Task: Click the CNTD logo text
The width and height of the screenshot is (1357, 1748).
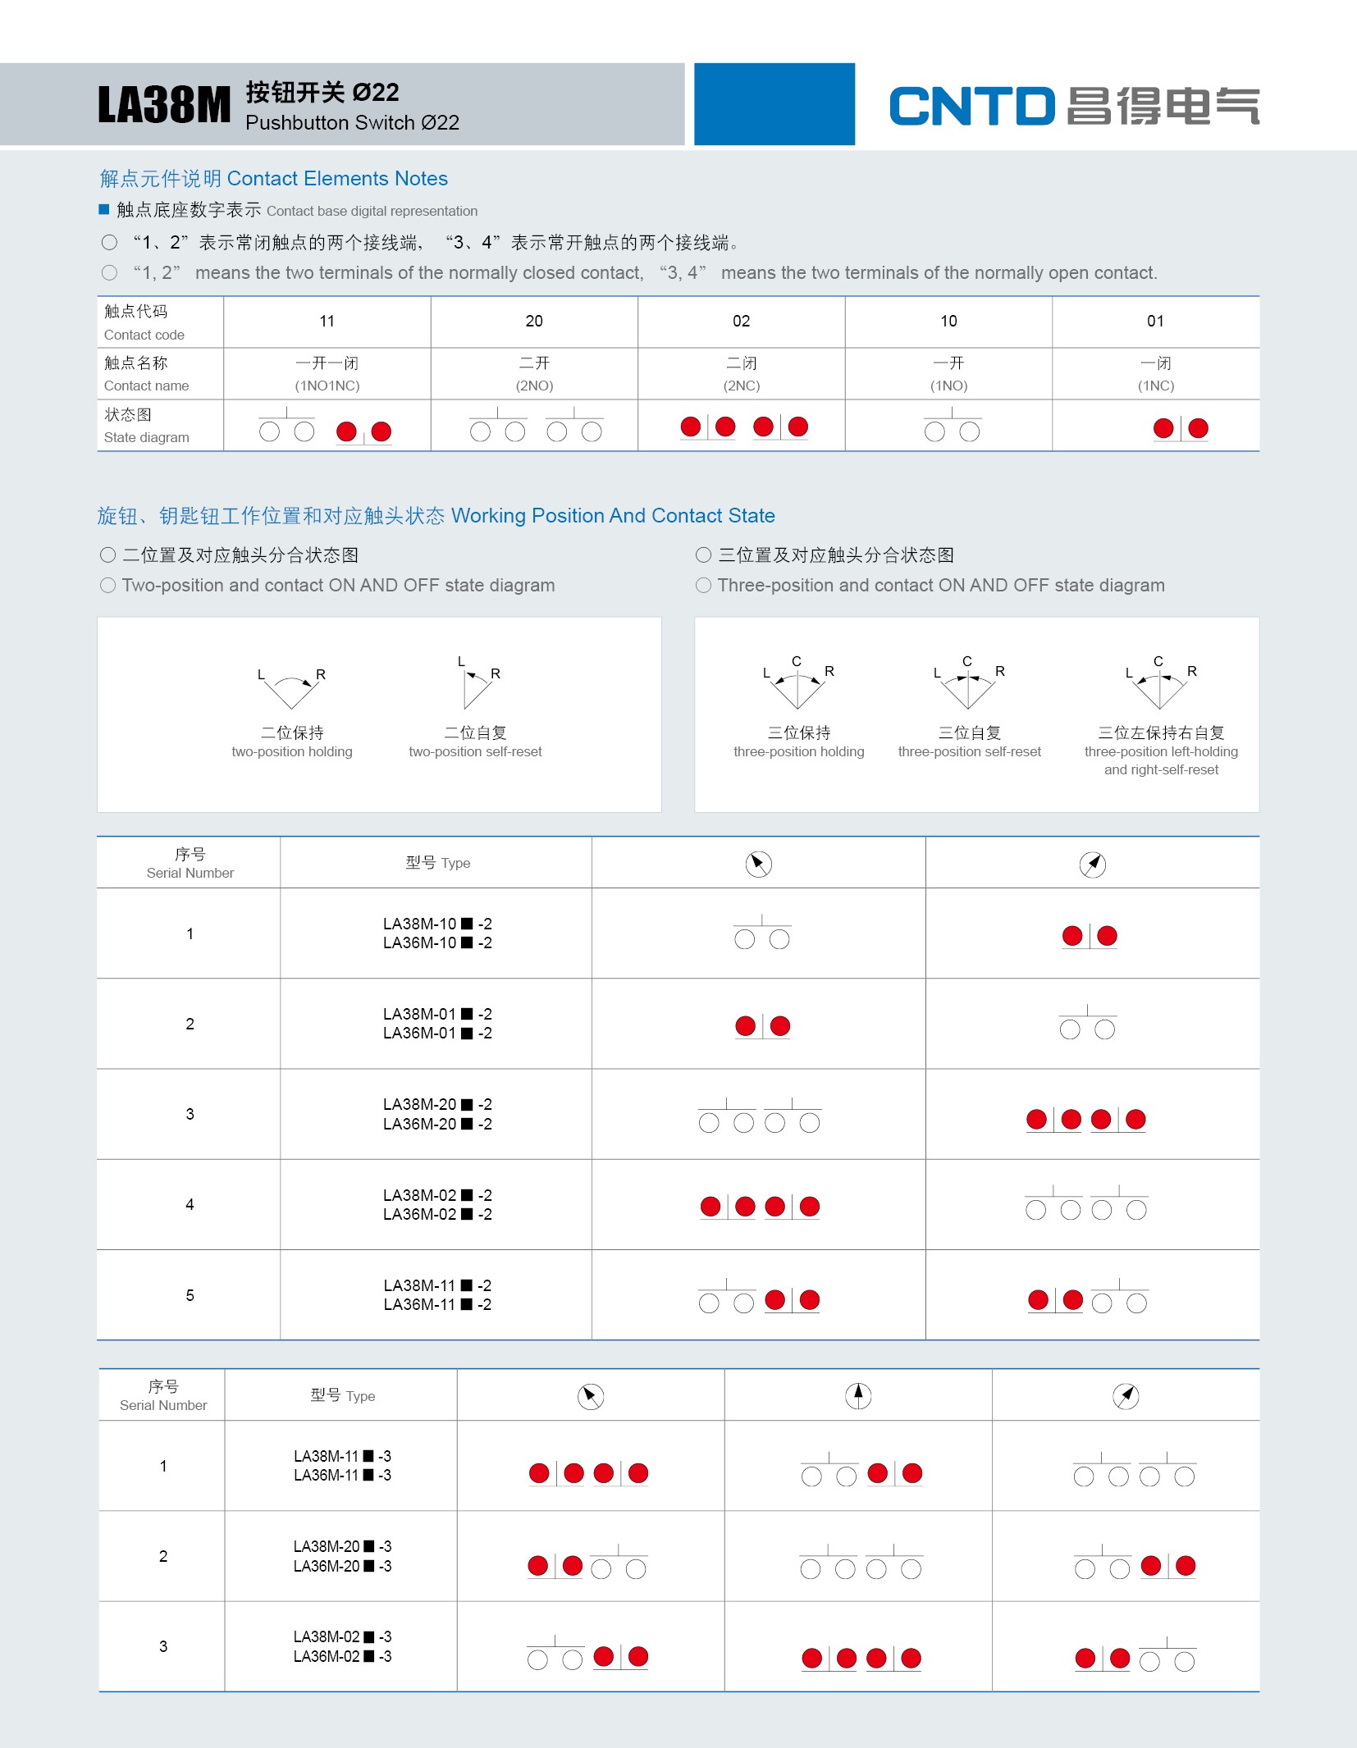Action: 971,107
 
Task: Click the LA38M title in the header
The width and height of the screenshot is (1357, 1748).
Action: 164,106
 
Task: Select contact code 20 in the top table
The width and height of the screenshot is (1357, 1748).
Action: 534,322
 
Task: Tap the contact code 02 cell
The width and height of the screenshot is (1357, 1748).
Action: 741,322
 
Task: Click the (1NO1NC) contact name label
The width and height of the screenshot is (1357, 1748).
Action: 327,386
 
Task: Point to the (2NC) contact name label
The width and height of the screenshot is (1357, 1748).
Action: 741,386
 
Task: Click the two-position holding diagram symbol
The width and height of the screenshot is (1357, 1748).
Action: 291,690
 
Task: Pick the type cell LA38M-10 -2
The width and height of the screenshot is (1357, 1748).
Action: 436,933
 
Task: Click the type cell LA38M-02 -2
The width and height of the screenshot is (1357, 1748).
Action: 436,1204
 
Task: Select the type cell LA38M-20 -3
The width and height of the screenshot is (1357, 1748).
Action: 342,1556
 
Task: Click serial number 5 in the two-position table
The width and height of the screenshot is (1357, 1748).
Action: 190,1295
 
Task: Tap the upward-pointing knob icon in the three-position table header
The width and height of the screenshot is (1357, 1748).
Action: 858,1395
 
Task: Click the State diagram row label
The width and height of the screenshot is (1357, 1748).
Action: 146,426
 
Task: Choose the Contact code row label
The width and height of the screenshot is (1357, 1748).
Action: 144,322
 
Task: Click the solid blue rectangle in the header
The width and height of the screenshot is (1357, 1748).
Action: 774,104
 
